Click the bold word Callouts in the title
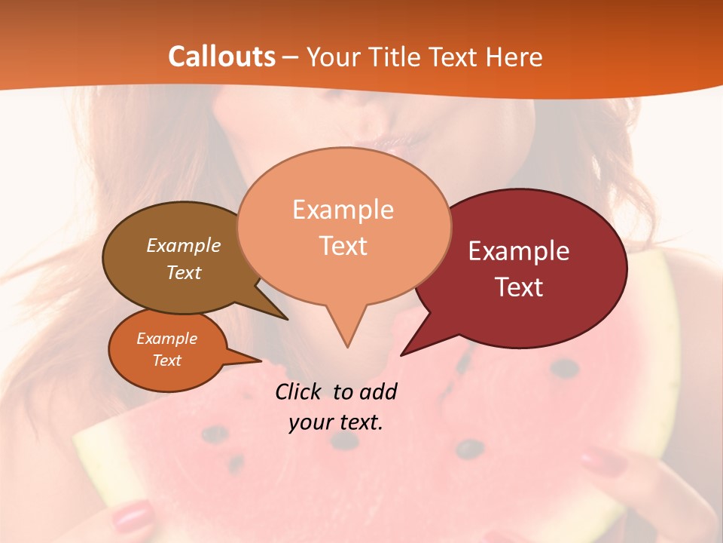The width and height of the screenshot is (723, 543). [x=221, y=57]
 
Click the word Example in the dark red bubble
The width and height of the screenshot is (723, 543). [x=519, y=251]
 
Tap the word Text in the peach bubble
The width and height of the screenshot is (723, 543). [x=343, y=246]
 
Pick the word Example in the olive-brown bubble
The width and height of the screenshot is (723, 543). [x=184, y=245]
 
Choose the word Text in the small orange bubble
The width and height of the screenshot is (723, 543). [x=167, y=360]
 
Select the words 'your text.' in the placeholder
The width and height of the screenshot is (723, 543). [x=336, y=422]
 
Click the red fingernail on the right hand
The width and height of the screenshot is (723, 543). [x=603, y=459]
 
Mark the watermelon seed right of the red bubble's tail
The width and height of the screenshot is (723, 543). [x=563, y=368]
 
